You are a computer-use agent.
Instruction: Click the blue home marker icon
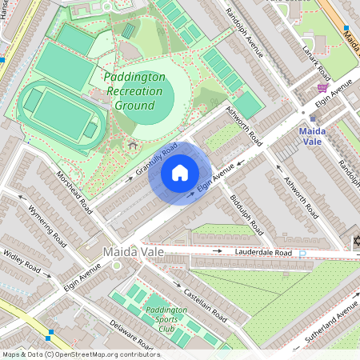180,172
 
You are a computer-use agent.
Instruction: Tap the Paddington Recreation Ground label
135,91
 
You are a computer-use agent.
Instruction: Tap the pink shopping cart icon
323,88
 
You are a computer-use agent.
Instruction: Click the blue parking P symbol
302,254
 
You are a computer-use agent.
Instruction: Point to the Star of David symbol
355,242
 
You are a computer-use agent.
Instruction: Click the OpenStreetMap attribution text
80,354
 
